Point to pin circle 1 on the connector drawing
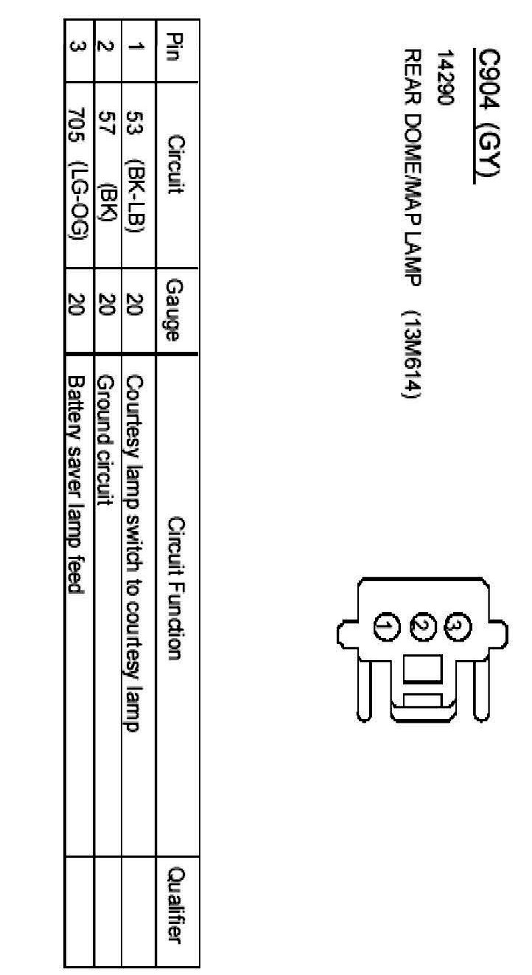(x=386, y=627)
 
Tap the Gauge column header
(x=176, y=309)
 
